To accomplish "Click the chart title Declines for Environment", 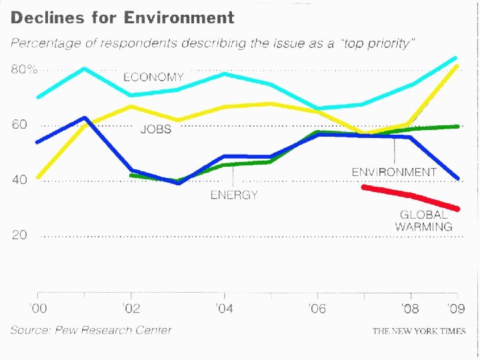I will (x=122, y=18).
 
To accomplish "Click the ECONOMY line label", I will (x=153, y=77).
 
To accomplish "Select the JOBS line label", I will (x=155, y=129).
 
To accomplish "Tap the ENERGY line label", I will (x=233, y=195).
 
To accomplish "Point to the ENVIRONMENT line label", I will (x=394, y=172).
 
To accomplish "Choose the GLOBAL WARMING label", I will (x=423, y=221).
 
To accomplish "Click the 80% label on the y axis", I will (x=24, y=69).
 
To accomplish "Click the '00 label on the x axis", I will (x=38, y=309).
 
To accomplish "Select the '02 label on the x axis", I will (x=131, y=309).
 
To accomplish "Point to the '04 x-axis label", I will (x=225, y=309).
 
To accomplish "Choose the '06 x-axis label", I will (x=318, y=309).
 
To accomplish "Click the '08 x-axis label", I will (x=411, y=309).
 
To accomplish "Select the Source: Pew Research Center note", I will (x=91, y=330).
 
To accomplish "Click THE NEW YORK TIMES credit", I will (x=419, y=331).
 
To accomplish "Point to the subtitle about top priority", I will (x=212, y=44).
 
